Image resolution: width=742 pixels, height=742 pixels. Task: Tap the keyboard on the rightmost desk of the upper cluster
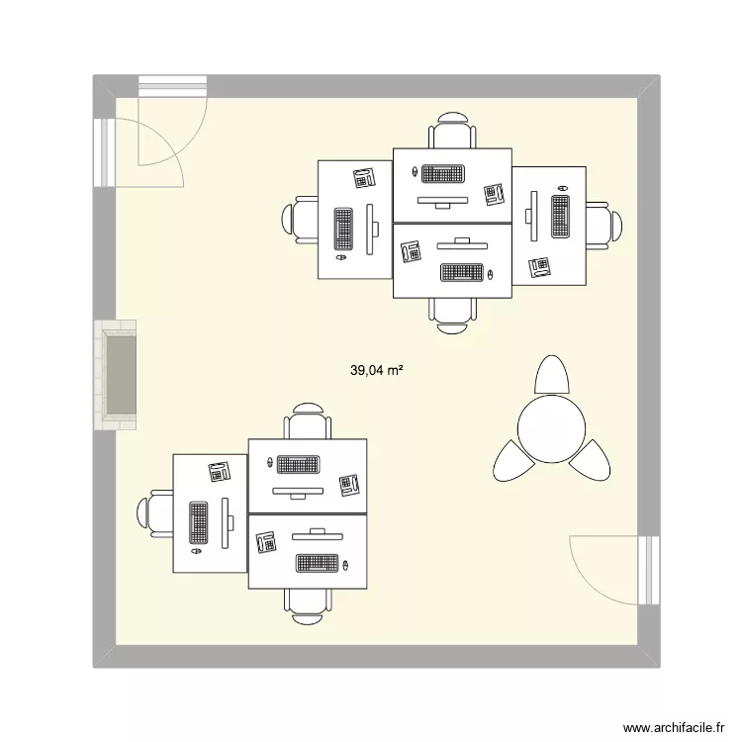pyautogui.click(x=560, y=217)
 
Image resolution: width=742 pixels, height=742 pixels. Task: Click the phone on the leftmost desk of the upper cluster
pyautogui.click(x=364, y=178)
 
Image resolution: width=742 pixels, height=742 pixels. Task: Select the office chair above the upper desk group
pyautogui.click(x=452, y=133)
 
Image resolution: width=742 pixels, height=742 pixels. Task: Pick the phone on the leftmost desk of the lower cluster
pyautogui.click(x=219, y=471)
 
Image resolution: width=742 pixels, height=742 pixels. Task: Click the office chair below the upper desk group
pyautogui.click(x=452, y=311)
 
